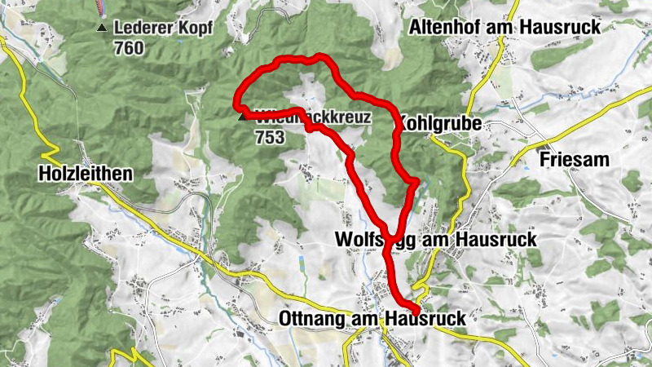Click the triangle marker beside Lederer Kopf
[101, 29]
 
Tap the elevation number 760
[129, 49]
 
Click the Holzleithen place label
[86, 174]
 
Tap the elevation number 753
[269, 137]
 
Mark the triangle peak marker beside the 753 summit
[241, 117]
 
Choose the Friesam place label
[574, 160]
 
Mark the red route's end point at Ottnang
[416, 310]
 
